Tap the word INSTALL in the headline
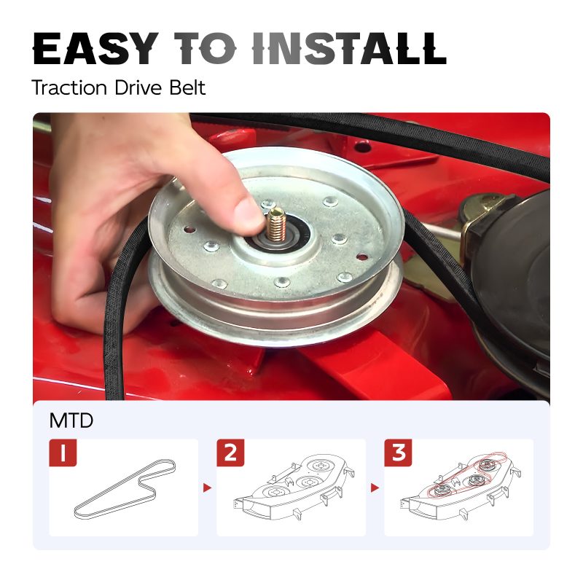(349, 49)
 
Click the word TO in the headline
(206, 49)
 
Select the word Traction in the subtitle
(69, 87)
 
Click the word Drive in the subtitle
(138, 87)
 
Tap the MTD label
(71, 420)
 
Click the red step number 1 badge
(63, 453)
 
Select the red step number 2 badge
(230, 453)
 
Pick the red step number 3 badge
(398, 453)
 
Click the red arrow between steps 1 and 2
(207, 488)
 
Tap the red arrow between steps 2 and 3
(375, 488)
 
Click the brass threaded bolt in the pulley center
(276, 224)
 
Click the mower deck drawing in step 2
(294, 487)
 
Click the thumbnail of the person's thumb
(248, 214)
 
